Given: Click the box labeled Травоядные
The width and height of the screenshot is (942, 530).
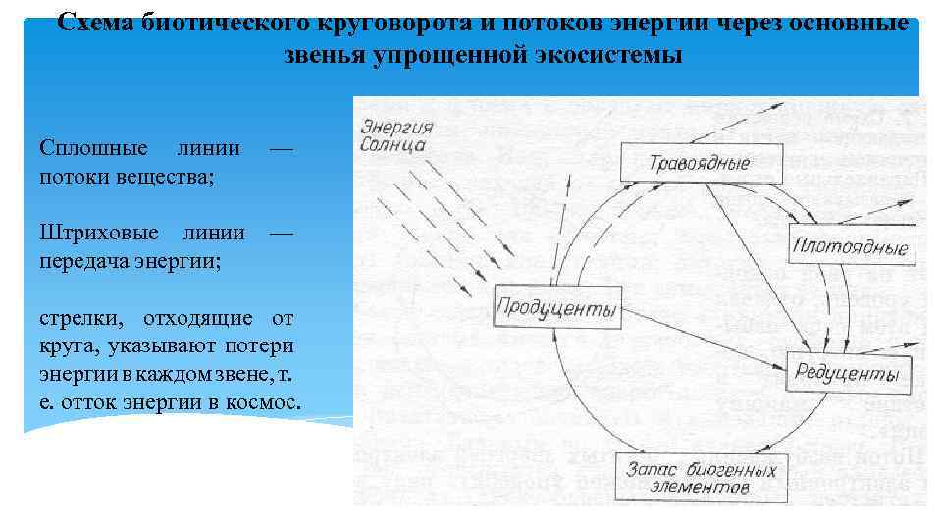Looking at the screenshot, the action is point(687,163).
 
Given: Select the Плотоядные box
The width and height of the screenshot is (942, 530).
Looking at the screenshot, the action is point(851,245).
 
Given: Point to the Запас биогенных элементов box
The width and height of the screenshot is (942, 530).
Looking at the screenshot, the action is point(684,477).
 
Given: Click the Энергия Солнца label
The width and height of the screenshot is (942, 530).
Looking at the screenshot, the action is point(394,134).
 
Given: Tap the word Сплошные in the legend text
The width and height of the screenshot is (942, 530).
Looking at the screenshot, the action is point(94,148).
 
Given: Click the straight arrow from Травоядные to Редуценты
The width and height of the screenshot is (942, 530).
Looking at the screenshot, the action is point(756,265).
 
